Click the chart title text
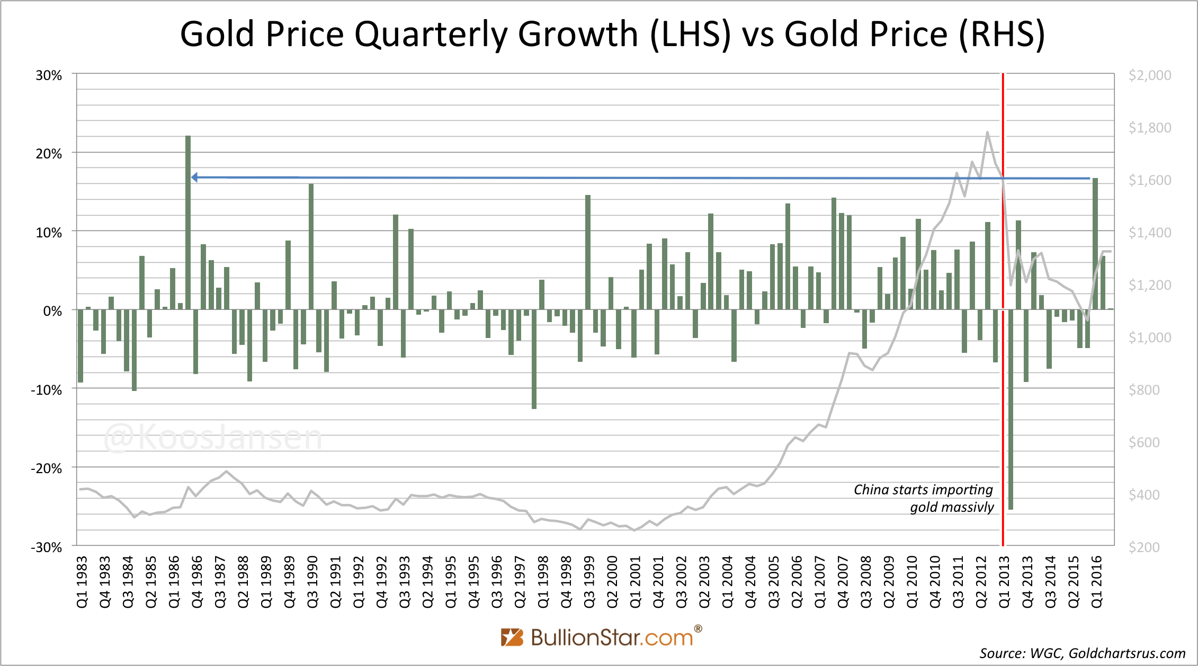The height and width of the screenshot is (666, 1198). [612, 34]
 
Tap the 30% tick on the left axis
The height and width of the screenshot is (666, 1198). [49, 75]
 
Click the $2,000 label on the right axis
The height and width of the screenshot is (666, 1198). [1149, 75]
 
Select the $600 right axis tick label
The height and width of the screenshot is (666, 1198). [1144, 442]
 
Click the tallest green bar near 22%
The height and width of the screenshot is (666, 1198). [188, 223]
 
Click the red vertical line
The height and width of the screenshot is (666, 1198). [1003, 371]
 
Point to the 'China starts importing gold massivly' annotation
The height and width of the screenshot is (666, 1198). [924, 498]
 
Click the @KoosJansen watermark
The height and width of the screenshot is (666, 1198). [212, 438]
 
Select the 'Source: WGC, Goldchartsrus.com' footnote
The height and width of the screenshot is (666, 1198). [1082, 653]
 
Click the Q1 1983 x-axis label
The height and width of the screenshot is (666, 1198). [83, 582]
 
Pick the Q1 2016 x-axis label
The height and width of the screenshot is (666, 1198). [1097, 582]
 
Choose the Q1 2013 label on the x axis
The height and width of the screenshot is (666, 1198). [1005, 582]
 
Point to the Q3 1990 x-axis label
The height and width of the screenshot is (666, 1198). [312, 582]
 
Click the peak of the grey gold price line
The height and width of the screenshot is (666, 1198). [987, 132]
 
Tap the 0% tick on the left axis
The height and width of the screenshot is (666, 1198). [52, 311]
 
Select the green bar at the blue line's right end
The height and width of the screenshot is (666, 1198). [1095, 244]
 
